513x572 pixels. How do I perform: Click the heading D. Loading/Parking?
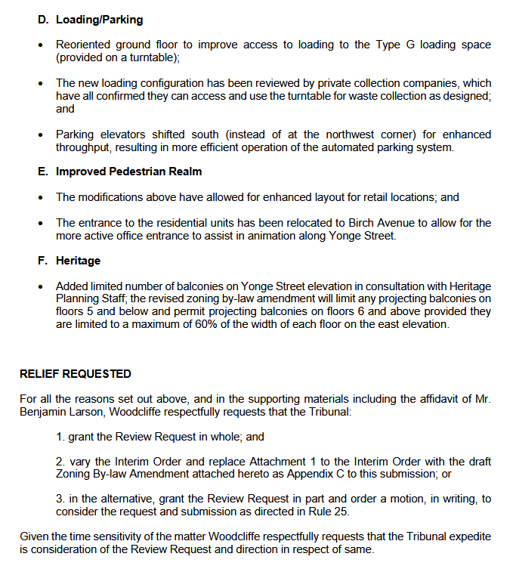[x=90, y=20]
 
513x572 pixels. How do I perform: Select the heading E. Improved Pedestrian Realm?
[x=120, y=172]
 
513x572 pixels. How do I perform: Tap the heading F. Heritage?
[x=69, y=261]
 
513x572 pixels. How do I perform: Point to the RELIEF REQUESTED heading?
[x=75, y=374]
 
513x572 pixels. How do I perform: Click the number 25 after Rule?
[x=351, y=512]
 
